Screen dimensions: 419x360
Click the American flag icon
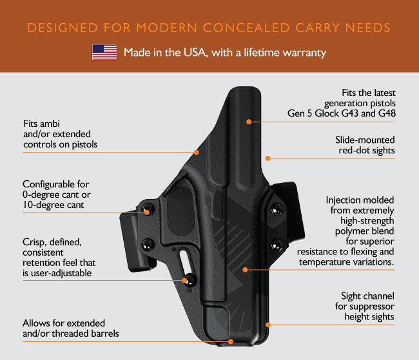104,52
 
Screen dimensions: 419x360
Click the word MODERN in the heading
167,28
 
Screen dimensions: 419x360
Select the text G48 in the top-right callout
387,113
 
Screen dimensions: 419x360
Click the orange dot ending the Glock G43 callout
249,122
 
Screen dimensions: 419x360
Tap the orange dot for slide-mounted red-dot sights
268,158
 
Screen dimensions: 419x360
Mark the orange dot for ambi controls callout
197,152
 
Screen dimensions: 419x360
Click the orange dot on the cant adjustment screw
146,213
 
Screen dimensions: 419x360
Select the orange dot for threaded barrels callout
231,341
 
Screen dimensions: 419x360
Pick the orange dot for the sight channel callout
268,325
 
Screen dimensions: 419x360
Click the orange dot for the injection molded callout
246,270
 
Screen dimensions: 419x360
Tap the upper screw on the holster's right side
277,209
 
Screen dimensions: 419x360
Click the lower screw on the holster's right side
277,245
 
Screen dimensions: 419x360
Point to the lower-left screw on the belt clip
147,244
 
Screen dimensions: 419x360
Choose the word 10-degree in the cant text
41,205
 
